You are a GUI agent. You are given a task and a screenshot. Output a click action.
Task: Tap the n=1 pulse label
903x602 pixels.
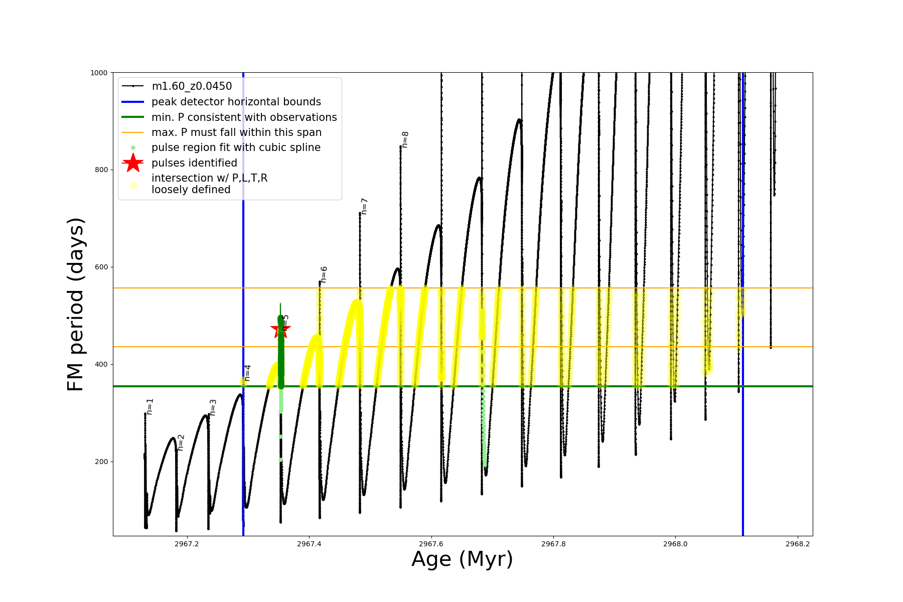coord(150,406)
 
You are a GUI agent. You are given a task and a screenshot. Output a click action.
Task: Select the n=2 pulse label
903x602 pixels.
coord(181,442)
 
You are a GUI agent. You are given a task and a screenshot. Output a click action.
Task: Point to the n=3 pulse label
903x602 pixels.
coord(213,407)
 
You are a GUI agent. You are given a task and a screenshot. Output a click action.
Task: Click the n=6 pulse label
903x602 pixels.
coord(324,274)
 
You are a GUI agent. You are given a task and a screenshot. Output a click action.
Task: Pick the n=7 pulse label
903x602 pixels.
coord(365,206)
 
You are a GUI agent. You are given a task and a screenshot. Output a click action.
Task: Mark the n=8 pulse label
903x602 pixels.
coord(405,139)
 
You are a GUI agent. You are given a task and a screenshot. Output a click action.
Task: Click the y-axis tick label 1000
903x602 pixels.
coord(99,73)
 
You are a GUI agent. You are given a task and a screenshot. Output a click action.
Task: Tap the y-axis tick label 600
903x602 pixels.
coord(101,267)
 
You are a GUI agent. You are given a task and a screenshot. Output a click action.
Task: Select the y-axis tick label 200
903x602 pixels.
coord(101,462)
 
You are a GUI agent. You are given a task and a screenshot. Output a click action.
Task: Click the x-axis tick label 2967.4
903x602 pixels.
coord(309,544)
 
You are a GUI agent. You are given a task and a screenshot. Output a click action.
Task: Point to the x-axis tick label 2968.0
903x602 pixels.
coord(675,544)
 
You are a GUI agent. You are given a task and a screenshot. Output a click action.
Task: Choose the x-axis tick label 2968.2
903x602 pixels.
coord(797,544)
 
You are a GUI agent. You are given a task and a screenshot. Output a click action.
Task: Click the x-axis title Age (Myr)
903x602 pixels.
coord(462,559)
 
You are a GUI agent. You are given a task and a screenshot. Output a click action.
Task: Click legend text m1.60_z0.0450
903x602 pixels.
coord(192,86)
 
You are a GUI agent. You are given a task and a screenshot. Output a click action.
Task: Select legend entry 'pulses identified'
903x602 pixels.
coord(194,163)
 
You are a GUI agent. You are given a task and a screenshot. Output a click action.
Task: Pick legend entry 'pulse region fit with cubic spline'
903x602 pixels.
coord(236,147)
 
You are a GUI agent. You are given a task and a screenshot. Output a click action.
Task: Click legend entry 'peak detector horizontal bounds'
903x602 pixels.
coord(236,102)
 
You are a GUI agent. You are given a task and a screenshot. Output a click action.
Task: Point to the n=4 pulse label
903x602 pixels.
coord(247,373)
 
